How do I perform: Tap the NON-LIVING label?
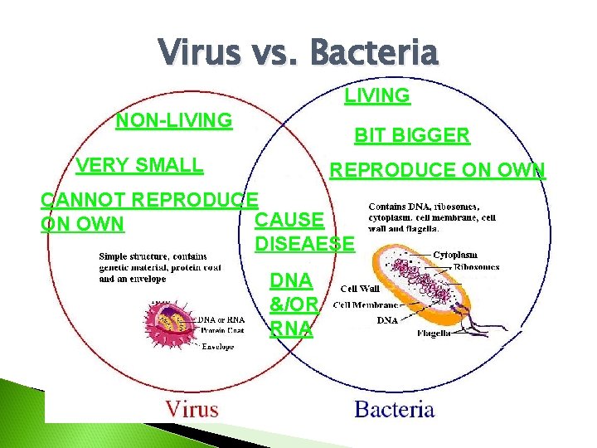174,121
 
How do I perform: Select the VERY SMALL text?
138,165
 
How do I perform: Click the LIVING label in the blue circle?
377,96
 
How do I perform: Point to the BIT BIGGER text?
412,135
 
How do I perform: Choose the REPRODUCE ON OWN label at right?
438,171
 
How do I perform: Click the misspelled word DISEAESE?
304,244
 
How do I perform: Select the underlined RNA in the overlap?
291,329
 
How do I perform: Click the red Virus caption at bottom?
192,408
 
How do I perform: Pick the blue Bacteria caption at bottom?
394,408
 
